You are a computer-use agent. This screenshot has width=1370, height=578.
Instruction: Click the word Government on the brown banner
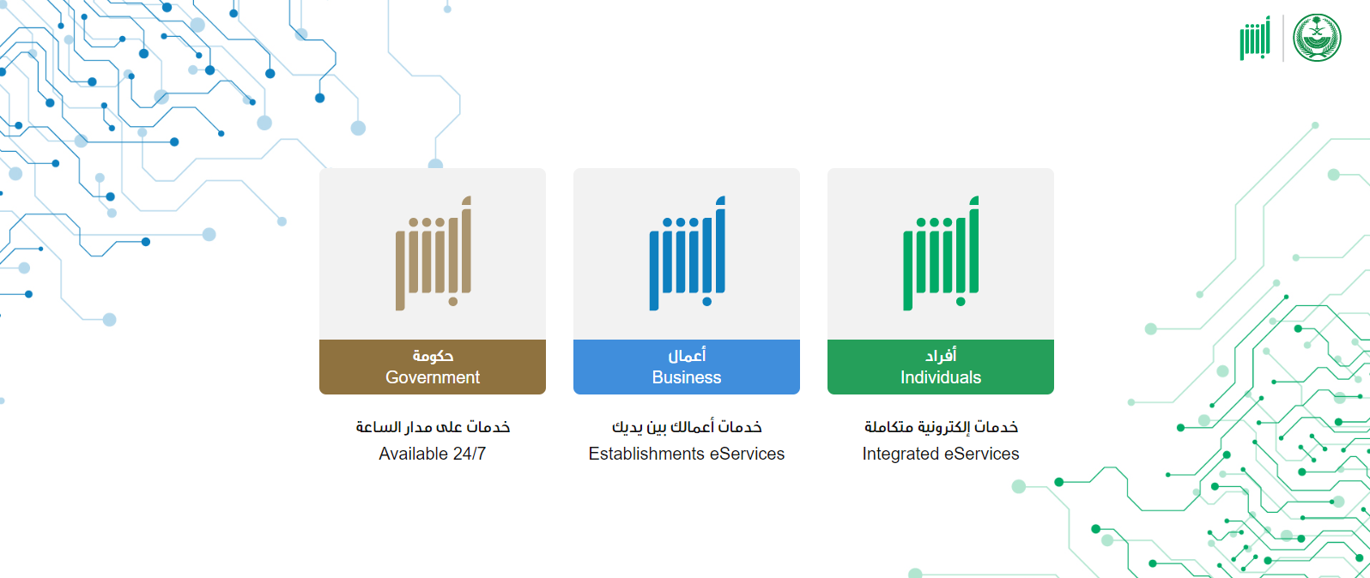click(433, 377)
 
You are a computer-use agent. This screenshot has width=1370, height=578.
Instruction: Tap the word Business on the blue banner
click(686, 377)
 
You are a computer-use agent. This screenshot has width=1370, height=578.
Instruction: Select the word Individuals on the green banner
click(941, 377)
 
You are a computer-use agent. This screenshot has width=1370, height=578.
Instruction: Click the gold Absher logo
click(433, 253)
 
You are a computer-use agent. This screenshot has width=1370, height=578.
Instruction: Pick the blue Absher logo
click(687, 253)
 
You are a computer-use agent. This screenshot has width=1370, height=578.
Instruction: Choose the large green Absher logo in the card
click(941, 253)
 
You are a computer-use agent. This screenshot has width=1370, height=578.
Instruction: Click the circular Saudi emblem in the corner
click(1317, 38)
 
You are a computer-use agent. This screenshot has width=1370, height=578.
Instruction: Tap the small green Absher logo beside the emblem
click(1255, 38)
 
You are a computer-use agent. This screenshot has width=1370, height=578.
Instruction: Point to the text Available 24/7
click(433, 454)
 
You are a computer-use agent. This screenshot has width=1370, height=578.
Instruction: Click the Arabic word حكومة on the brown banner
click(433, 356)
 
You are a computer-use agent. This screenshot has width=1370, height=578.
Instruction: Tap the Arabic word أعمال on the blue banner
click(687, 356)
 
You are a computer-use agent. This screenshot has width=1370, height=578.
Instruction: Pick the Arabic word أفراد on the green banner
click(941, 356)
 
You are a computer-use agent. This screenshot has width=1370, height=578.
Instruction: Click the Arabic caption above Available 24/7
click(433, 426)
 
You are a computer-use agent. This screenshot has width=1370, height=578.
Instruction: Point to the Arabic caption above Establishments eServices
click(687, 426)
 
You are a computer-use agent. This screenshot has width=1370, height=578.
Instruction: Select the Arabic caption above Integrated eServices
click(941, 426)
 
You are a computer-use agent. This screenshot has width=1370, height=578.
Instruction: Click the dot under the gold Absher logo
click(453, 301)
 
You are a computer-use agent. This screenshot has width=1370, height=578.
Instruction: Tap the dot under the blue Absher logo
click(707, 301)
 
